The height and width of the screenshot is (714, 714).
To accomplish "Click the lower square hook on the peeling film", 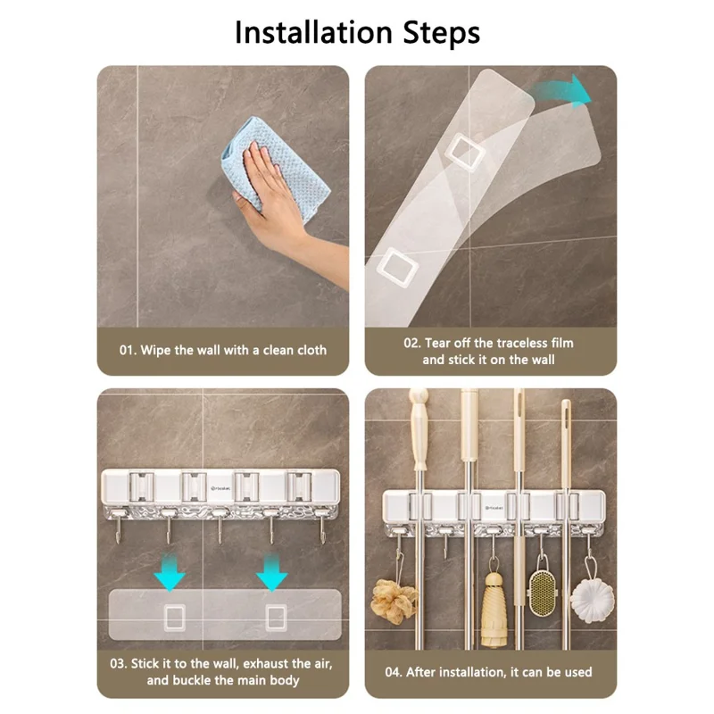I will pyautogui.click(x=394, y=265).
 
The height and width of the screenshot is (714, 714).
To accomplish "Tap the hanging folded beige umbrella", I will pyautogui.click(x=494, y=607).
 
